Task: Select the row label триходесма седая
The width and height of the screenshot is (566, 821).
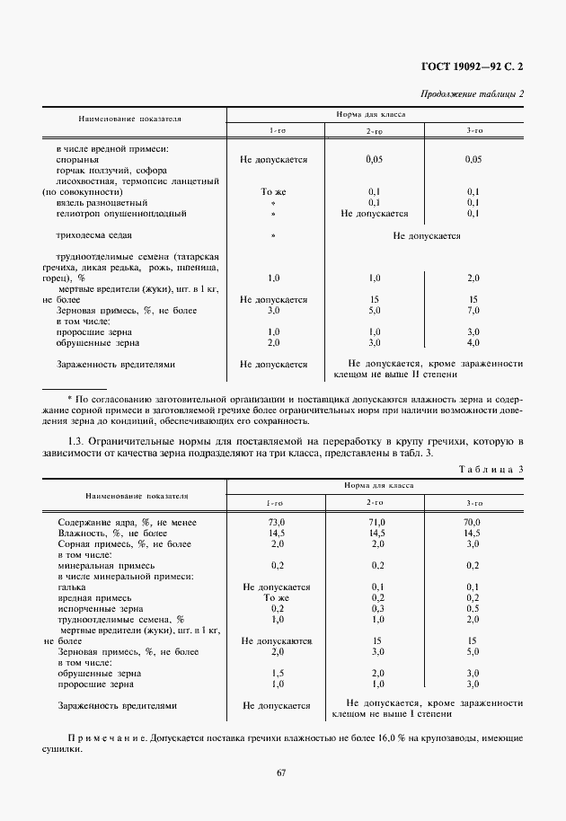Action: click(x=94, y=236)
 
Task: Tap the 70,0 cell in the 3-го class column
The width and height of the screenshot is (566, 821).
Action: click(x=473, y=522)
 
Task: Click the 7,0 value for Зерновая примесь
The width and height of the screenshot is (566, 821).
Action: click(x=473, y=310)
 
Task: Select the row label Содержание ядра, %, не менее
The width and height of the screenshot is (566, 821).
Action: click(x=128, y=522)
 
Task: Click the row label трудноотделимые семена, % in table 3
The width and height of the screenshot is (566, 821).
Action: click(x=120, y=619)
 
